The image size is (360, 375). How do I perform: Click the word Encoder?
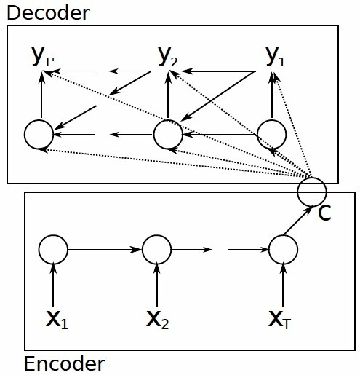coord(64,363)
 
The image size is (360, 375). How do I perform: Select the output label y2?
coord(168,57)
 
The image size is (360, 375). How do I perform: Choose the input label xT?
coord(281,319)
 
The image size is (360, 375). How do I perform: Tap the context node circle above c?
coord(312,191)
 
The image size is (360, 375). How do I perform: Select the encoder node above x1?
coord(54,250)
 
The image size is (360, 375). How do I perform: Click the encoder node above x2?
coord(156,250)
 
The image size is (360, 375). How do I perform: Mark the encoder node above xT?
coord(282,250)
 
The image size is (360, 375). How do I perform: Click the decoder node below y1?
coord(272,133)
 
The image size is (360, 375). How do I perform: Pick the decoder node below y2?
coord(168,133)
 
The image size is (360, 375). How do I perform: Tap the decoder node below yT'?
coord(39,134)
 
